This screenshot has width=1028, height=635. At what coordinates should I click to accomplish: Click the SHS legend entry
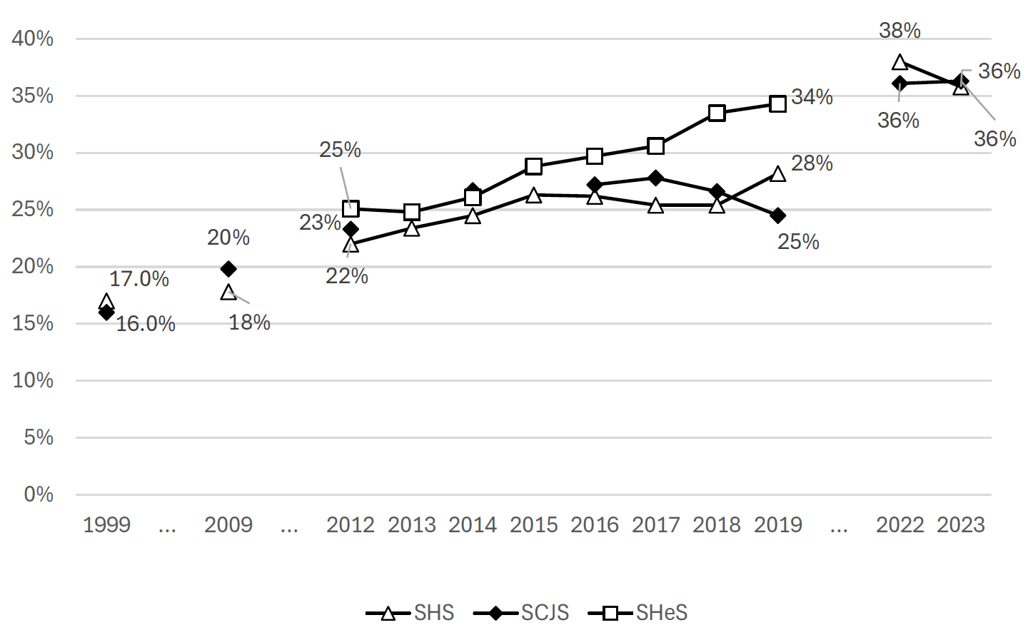[x=410, y=613]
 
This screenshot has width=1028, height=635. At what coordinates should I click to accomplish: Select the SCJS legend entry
[x=522, y=613]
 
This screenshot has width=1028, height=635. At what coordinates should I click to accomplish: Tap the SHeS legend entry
[x=638, y=613]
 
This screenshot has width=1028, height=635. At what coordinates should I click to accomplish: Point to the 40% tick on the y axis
[x=32, y=39]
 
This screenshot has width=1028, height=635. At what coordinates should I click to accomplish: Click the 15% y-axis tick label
[x=32, y=323]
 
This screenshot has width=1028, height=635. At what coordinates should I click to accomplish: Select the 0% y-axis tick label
[x=38, y=494]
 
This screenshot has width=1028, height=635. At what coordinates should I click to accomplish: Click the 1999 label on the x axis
[x=106, y=525]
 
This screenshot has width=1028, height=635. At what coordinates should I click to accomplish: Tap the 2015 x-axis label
[x=533, y=525]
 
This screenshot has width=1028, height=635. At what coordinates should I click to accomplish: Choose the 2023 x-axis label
[x=961, y=525]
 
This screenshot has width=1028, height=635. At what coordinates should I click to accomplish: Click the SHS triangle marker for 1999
[x=106, y=302]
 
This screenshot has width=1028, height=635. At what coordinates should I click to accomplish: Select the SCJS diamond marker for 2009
[x=228, y=269]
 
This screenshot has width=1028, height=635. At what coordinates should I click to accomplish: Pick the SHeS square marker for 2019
[x=778, y=104]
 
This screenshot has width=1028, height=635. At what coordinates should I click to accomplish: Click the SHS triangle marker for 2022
[x=899, y=63]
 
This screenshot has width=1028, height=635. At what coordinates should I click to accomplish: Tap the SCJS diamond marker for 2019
[x=778, y=215]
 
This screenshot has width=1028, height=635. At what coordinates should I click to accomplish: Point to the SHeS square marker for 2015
[x=533, y=167]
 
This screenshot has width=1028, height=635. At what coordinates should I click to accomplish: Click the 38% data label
[x=899, y=31]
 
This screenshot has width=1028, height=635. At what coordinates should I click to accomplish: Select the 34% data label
[x=812, y=97]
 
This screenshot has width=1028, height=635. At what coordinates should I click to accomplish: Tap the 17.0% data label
[x=139, y=279]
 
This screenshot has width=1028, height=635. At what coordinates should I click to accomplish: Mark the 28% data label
[x=812, y=163]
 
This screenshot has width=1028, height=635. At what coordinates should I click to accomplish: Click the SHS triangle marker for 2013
[x=411, y=229]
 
